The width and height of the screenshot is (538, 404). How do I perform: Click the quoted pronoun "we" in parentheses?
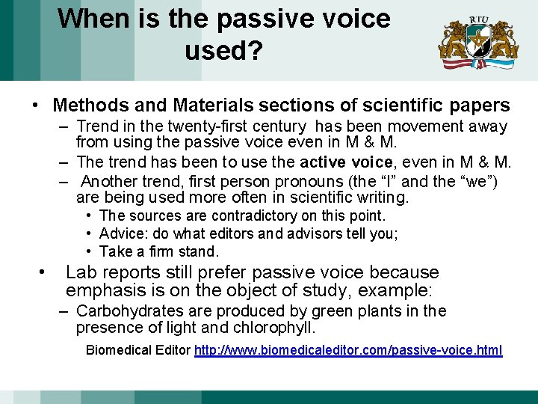(x=478, y=181)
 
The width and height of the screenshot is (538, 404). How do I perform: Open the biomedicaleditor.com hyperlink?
(x=348, y=350)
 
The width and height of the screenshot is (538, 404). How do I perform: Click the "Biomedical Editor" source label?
(x=138, y=350)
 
